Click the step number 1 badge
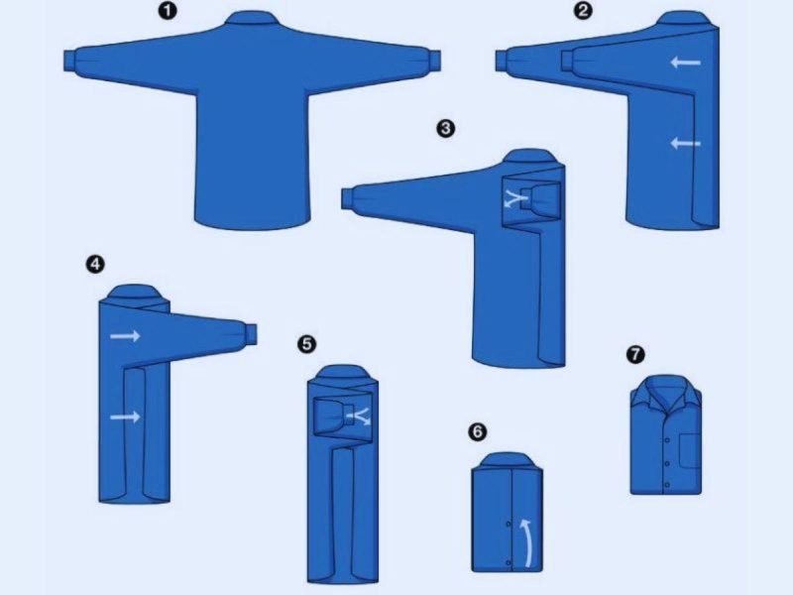(168, 11)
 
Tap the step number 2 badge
(583, 11)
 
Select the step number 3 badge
(445, 129)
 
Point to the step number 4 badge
(95, 264)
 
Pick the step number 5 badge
(307, 344)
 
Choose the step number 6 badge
(478, 432)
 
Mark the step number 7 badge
(635, 354)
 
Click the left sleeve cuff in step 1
(70, 60)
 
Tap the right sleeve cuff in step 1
(434, 60)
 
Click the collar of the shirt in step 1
(253, 19)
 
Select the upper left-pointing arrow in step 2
(685, 62)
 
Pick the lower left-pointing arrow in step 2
(685, 144)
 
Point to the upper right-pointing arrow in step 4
(126, 335)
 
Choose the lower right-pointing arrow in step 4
(126, 416)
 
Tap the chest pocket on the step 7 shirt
(690, 450)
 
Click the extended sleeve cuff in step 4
(251, 333)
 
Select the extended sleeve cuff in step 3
(348, 197)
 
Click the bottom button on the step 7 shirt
(667, 485)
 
